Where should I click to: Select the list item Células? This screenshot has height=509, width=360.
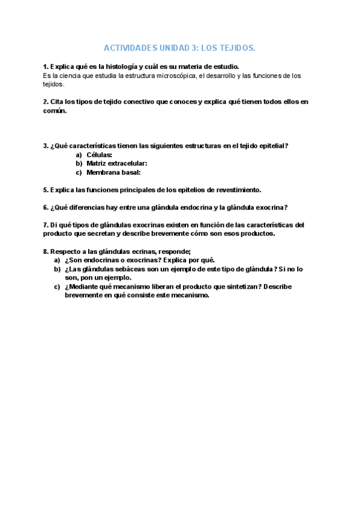point(99,155)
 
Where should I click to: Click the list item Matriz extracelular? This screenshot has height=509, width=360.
point(116,163)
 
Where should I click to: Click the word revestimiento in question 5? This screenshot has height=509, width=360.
point(236,190)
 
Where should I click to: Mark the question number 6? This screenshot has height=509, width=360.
point(46,208)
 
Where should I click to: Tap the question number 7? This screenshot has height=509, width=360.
point(46,225)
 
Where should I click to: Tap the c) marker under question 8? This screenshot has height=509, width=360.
point(57,287)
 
